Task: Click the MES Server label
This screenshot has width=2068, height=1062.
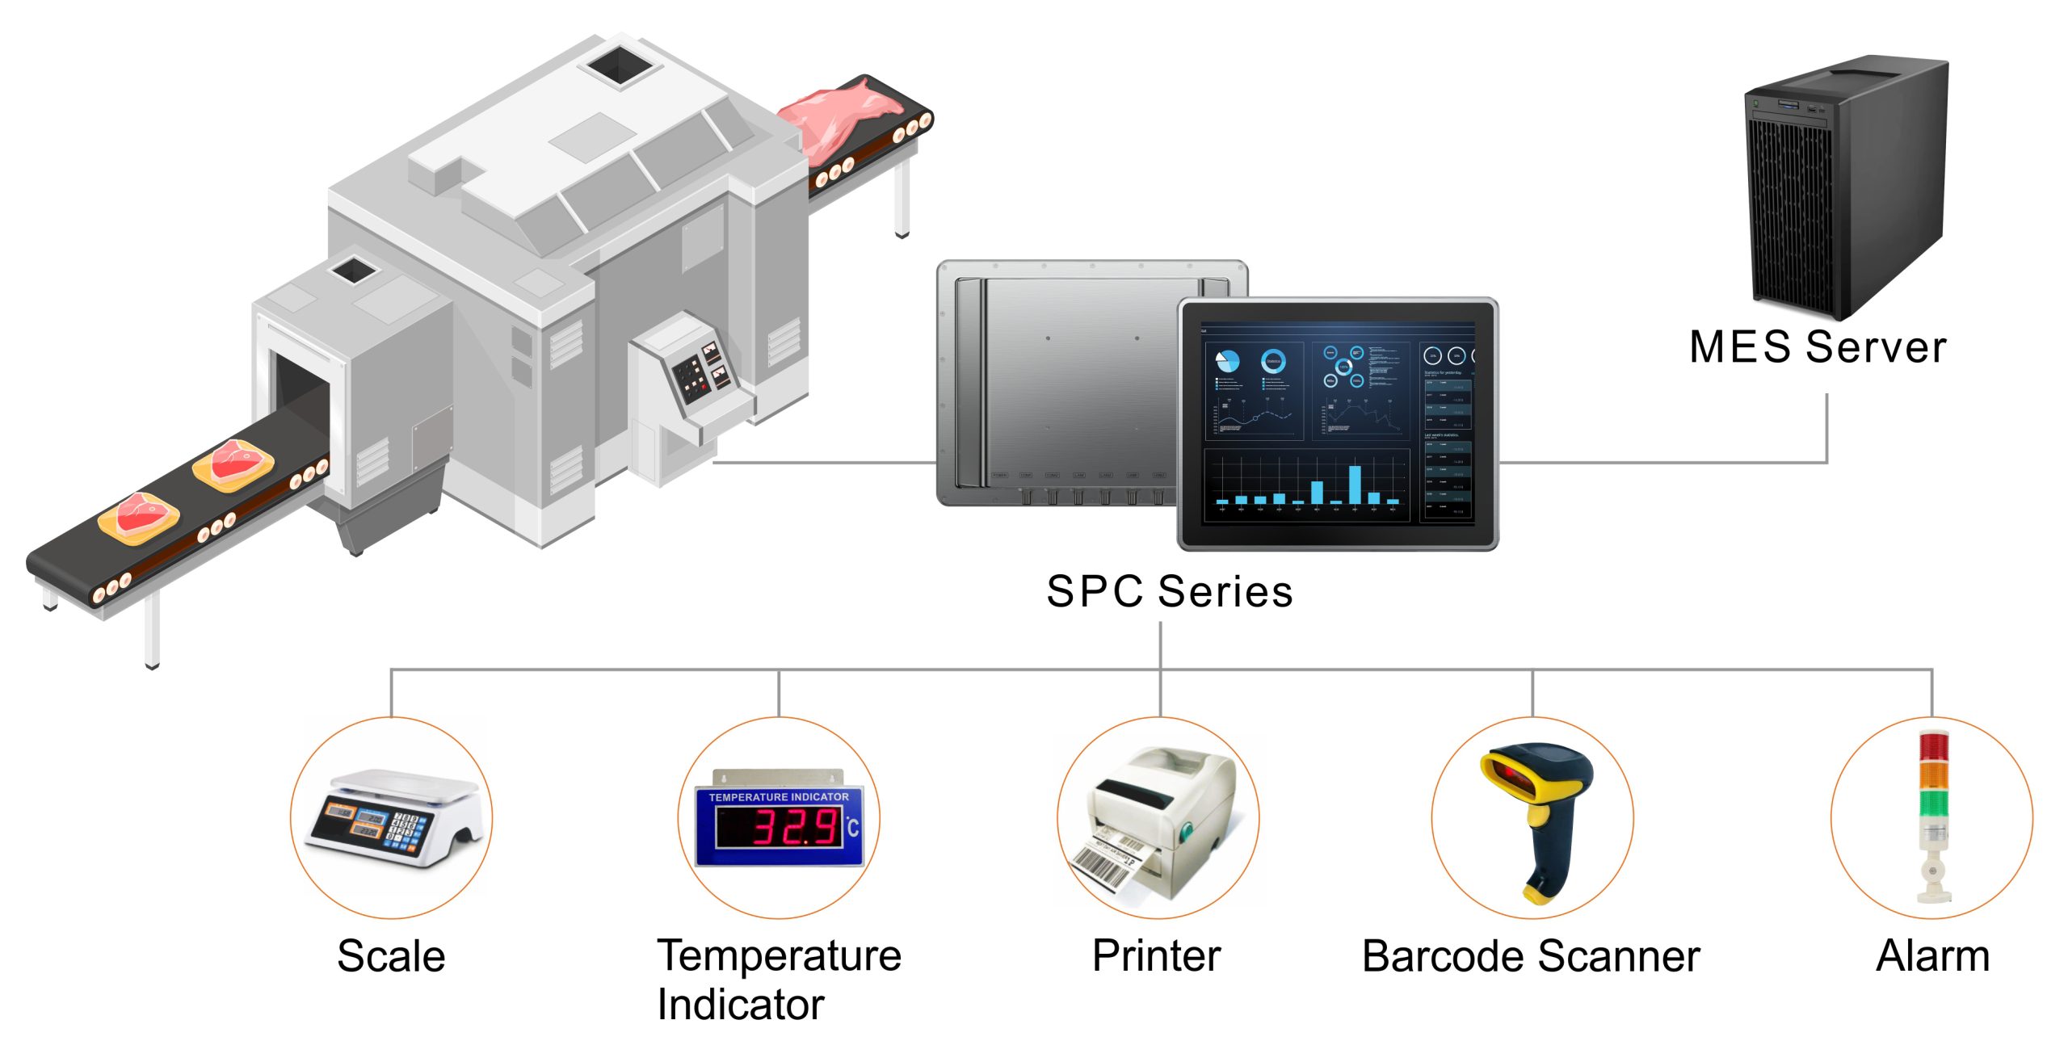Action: [1817, 347]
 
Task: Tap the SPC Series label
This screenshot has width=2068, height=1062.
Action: [1169, 591]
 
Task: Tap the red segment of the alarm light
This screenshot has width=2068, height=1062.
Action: [1933, 746]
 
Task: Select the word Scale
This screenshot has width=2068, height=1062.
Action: [391, 956]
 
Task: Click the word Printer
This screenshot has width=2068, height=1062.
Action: [1156, 956]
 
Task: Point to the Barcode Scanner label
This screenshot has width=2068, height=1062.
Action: [1531, 956]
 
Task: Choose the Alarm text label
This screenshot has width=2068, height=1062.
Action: [1932, 956]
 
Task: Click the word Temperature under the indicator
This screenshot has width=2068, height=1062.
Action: [779, 956]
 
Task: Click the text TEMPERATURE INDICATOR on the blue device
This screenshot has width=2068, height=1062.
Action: [779, 797]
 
